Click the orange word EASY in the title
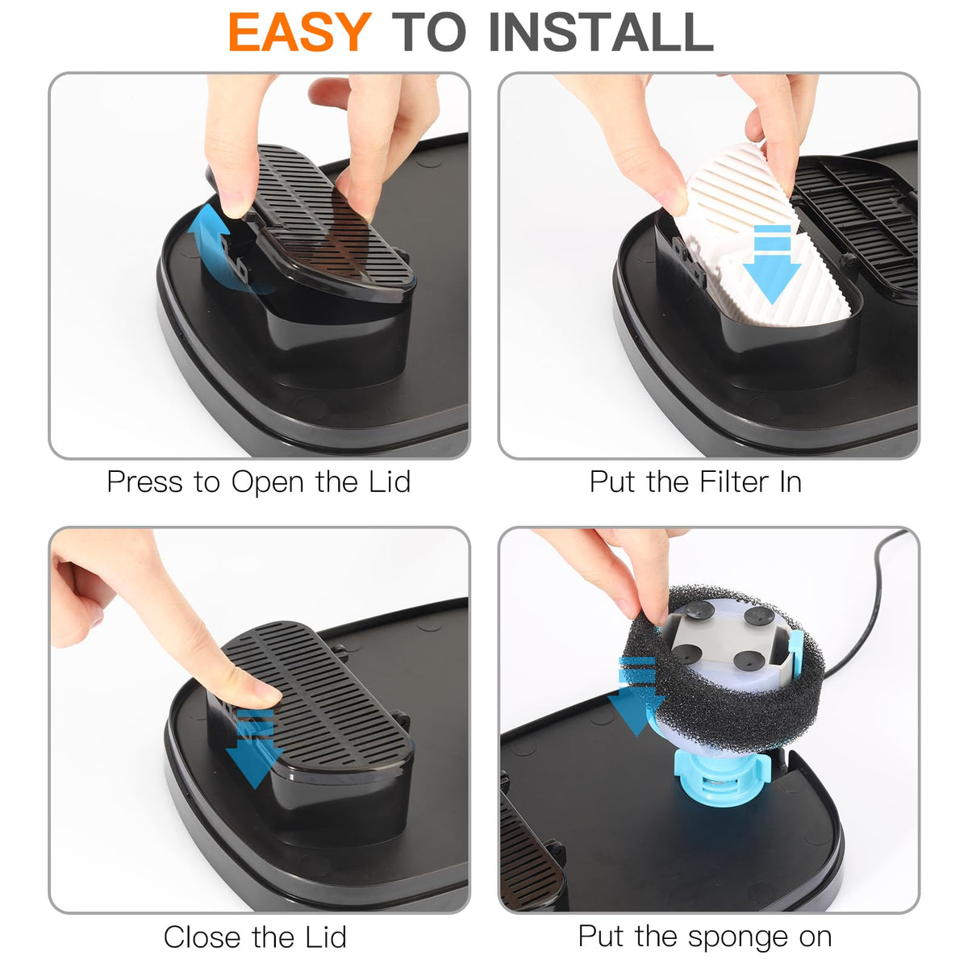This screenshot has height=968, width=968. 300,31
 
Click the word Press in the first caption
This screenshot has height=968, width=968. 144,482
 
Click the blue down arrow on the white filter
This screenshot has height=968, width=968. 772,264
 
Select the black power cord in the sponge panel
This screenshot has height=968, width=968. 865,603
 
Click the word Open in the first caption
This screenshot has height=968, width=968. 268,483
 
